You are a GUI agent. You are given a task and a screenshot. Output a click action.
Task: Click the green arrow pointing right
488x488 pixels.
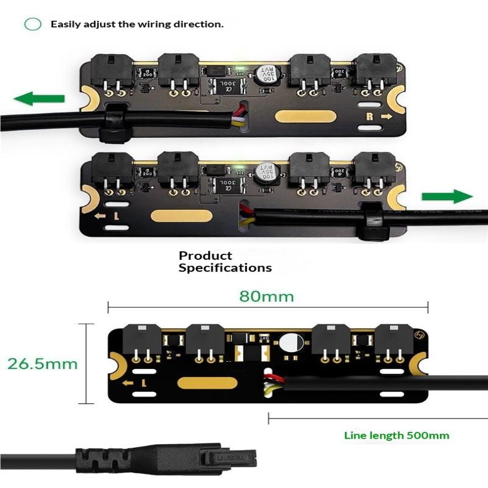(x=447, y=196)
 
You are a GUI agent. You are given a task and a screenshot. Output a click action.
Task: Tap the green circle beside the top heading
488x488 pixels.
(x=32, y=24)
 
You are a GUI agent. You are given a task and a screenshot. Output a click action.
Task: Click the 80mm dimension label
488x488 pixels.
(x=266, y=296)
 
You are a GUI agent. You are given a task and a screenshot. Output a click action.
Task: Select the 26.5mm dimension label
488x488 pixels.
(x=43, y=364)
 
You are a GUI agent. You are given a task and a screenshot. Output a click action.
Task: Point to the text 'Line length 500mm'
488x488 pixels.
(x=396, y=435)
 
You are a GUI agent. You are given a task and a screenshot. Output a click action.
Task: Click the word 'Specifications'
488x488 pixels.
(x=225, y=267)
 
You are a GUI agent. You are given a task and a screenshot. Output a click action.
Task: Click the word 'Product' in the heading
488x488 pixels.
(x=206, y=256)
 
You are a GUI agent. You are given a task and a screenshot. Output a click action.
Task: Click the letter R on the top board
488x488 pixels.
(x=369, y=116)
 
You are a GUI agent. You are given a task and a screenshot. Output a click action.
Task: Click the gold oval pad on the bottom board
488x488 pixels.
(x=207, y=383)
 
